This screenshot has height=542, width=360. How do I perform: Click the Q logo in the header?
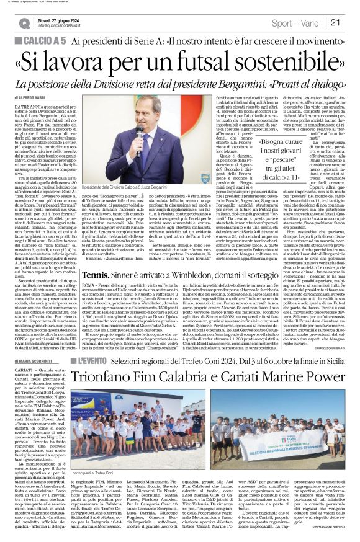(24, 23)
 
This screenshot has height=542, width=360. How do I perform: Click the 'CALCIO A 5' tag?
(44, 40)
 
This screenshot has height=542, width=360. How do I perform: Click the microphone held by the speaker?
(140, 133)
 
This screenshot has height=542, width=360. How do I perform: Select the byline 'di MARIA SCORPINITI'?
(35, 360)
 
